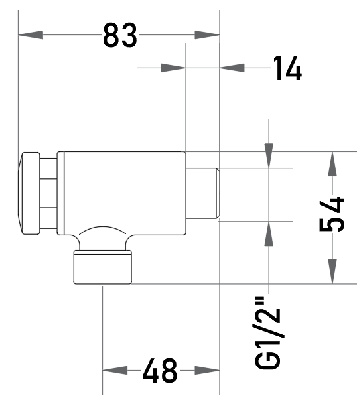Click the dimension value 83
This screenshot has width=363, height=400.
tap(120, 35)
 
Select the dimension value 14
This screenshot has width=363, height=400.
tap(288, 68)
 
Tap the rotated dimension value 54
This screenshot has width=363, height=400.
tap(332, 214)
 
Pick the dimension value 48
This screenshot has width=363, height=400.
tap(159, 370)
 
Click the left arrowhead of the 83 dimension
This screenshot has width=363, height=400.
tap(31, 35)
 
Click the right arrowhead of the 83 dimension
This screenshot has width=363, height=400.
tap(207, 35)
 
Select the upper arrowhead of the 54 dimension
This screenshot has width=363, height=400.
tap(332, 164)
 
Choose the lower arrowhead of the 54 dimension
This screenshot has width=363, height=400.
tap(332, 271)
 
